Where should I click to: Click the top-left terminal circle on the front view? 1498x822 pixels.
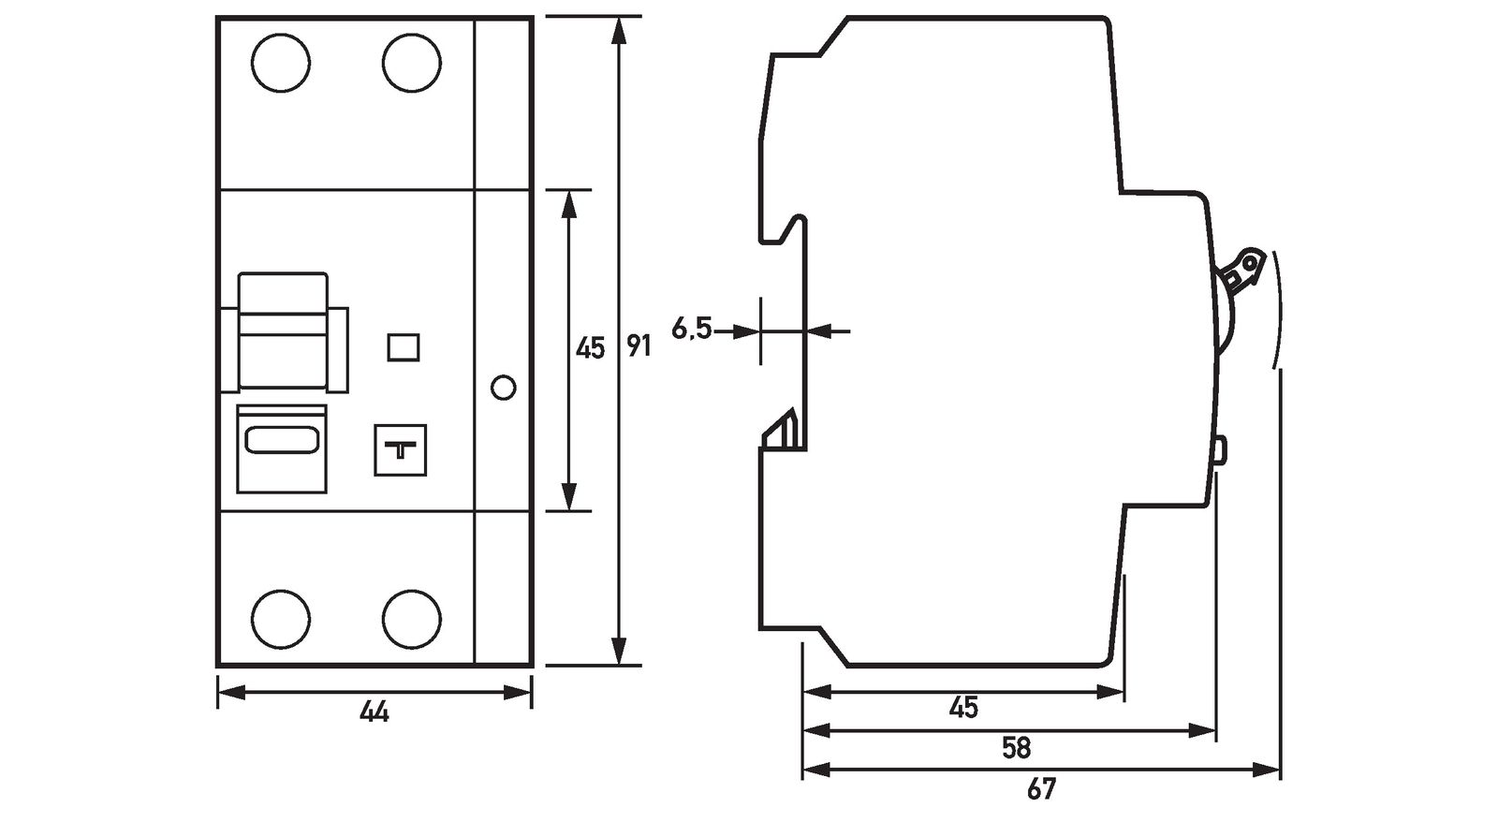click(x=281, y=64)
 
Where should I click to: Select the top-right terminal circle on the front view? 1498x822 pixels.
click(x=412, y=64)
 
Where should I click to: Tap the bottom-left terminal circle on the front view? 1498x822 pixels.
click(x=281, y=616)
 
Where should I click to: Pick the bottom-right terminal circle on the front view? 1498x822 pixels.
click(x=412, y=616)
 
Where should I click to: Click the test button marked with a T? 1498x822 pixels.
click(x=401, y=450)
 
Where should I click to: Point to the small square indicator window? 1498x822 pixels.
click(x=403, y=347)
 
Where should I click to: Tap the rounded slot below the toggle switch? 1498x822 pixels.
click(x=282, y=439)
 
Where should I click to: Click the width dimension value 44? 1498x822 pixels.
click(x=374, y=713)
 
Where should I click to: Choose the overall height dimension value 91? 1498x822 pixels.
click(x=639, y=347)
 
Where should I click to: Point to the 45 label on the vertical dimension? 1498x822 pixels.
click(x=589, y=349)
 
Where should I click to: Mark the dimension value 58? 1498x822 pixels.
click(x=1016, y=748)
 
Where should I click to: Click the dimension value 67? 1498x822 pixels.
click(x=1040, y=789)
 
